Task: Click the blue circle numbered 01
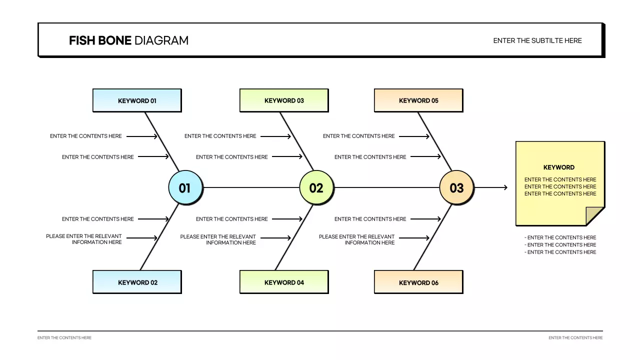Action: [185, 188]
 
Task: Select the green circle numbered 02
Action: [316, 188]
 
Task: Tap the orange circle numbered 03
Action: [456, 188]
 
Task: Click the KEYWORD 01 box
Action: [137, 100]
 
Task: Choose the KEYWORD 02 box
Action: [137, 282]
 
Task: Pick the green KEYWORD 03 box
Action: [284, 100]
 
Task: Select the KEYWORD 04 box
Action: [284, 282]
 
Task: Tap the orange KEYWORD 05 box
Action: [418, 100]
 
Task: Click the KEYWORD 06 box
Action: [418, 282]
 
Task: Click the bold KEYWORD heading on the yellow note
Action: [559, 167]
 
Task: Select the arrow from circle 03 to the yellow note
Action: [491, 187]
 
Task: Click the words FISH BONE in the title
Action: [100, 40]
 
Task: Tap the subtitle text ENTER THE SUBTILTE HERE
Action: [537, 40]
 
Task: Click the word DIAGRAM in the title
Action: [161, 40]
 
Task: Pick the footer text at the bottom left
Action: [64, 338]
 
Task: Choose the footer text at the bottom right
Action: [575, 338]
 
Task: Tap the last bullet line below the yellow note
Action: [560, 252]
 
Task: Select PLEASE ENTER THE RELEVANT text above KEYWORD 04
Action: [218, 236]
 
